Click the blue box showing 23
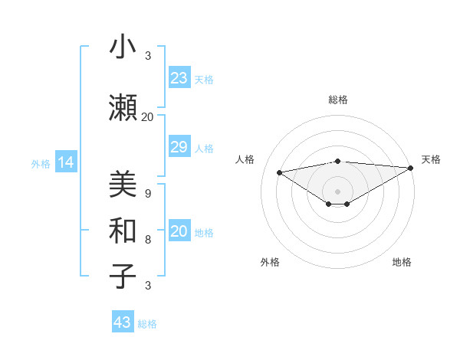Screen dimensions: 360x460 pos(179,78)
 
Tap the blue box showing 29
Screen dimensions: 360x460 pos(179,147)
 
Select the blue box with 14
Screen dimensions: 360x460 pos(65,162)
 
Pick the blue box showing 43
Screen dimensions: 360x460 pos(123,322)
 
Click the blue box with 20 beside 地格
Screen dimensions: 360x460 pos(179,232)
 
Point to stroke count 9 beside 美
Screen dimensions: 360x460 pos(147,194)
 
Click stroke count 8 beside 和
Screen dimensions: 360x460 pos(147,240)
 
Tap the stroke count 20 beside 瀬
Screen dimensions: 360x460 pos(147,117)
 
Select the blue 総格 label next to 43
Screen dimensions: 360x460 pos(147,324)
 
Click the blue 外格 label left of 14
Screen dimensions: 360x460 pos(40,163)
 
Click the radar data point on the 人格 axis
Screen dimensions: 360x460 pos(279,172)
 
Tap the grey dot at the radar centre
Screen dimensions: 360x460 pos(337,191)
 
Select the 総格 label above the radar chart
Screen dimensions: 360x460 pos(337,100)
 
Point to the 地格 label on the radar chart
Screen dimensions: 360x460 pos(402,263)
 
